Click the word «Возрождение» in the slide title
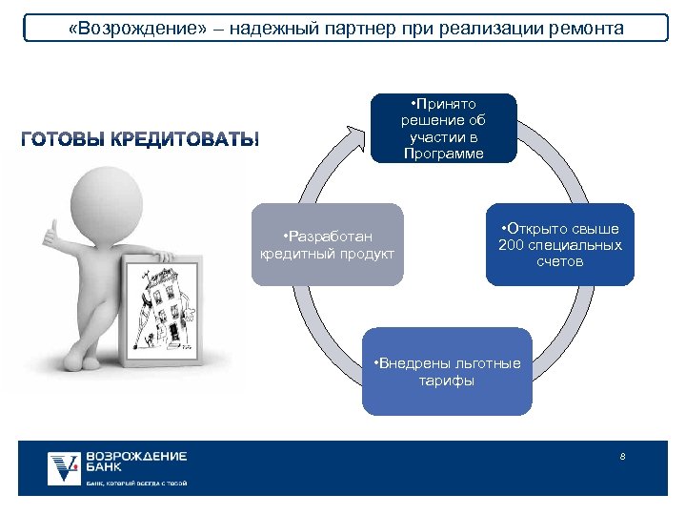(122, 28)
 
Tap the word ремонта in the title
(587, 28)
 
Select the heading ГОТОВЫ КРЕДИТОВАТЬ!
(139, 140)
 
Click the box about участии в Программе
(443, 128)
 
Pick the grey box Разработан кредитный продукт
(328, 244)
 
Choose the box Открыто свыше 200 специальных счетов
(559, 244)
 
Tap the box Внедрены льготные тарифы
(447, 371)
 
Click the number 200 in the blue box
(513, 245)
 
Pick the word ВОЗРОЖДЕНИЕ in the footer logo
(135, 456)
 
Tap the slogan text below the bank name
(135, 484)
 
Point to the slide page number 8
(622, 457)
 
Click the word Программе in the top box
(443, 154)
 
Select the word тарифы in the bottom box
(447, 381)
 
